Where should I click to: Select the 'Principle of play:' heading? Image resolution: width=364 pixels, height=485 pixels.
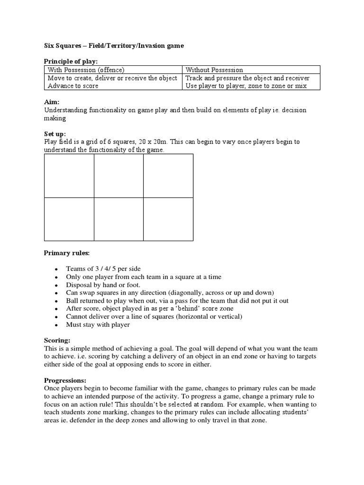point(71,61)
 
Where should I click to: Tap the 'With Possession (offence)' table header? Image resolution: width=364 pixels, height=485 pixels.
point(86,70)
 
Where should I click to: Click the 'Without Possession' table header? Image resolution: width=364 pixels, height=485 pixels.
point(214,70)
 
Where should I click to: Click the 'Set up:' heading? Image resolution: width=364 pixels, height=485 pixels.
point(55,134)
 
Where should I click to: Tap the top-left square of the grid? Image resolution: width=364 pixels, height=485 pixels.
point(69,176)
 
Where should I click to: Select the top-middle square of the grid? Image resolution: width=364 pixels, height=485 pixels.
point(118,176)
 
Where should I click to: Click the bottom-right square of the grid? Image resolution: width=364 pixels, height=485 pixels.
point(168,219)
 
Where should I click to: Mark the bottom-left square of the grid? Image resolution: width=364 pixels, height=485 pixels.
point(69,219)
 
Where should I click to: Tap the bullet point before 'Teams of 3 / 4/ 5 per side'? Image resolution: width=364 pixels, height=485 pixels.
point(56,269)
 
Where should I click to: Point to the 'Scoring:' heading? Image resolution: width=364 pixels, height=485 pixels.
point(57,341)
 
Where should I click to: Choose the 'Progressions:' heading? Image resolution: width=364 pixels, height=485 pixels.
point(65,380)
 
